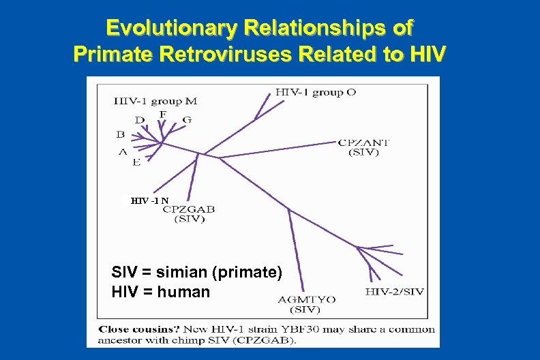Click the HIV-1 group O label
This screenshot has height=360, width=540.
click(316, 92)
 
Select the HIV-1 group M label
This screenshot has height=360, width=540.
click(155, 102)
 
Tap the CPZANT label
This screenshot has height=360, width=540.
click(364, 142)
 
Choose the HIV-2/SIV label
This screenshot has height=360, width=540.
click(395, 292)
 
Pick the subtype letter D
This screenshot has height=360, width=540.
click(139, 120)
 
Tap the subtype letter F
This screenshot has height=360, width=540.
click(162, 114)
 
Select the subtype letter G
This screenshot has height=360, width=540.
click(187, 120)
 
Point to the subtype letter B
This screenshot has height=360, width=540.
click(121, 134)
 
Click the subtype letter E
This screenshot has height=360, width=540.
click(136, 162)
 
